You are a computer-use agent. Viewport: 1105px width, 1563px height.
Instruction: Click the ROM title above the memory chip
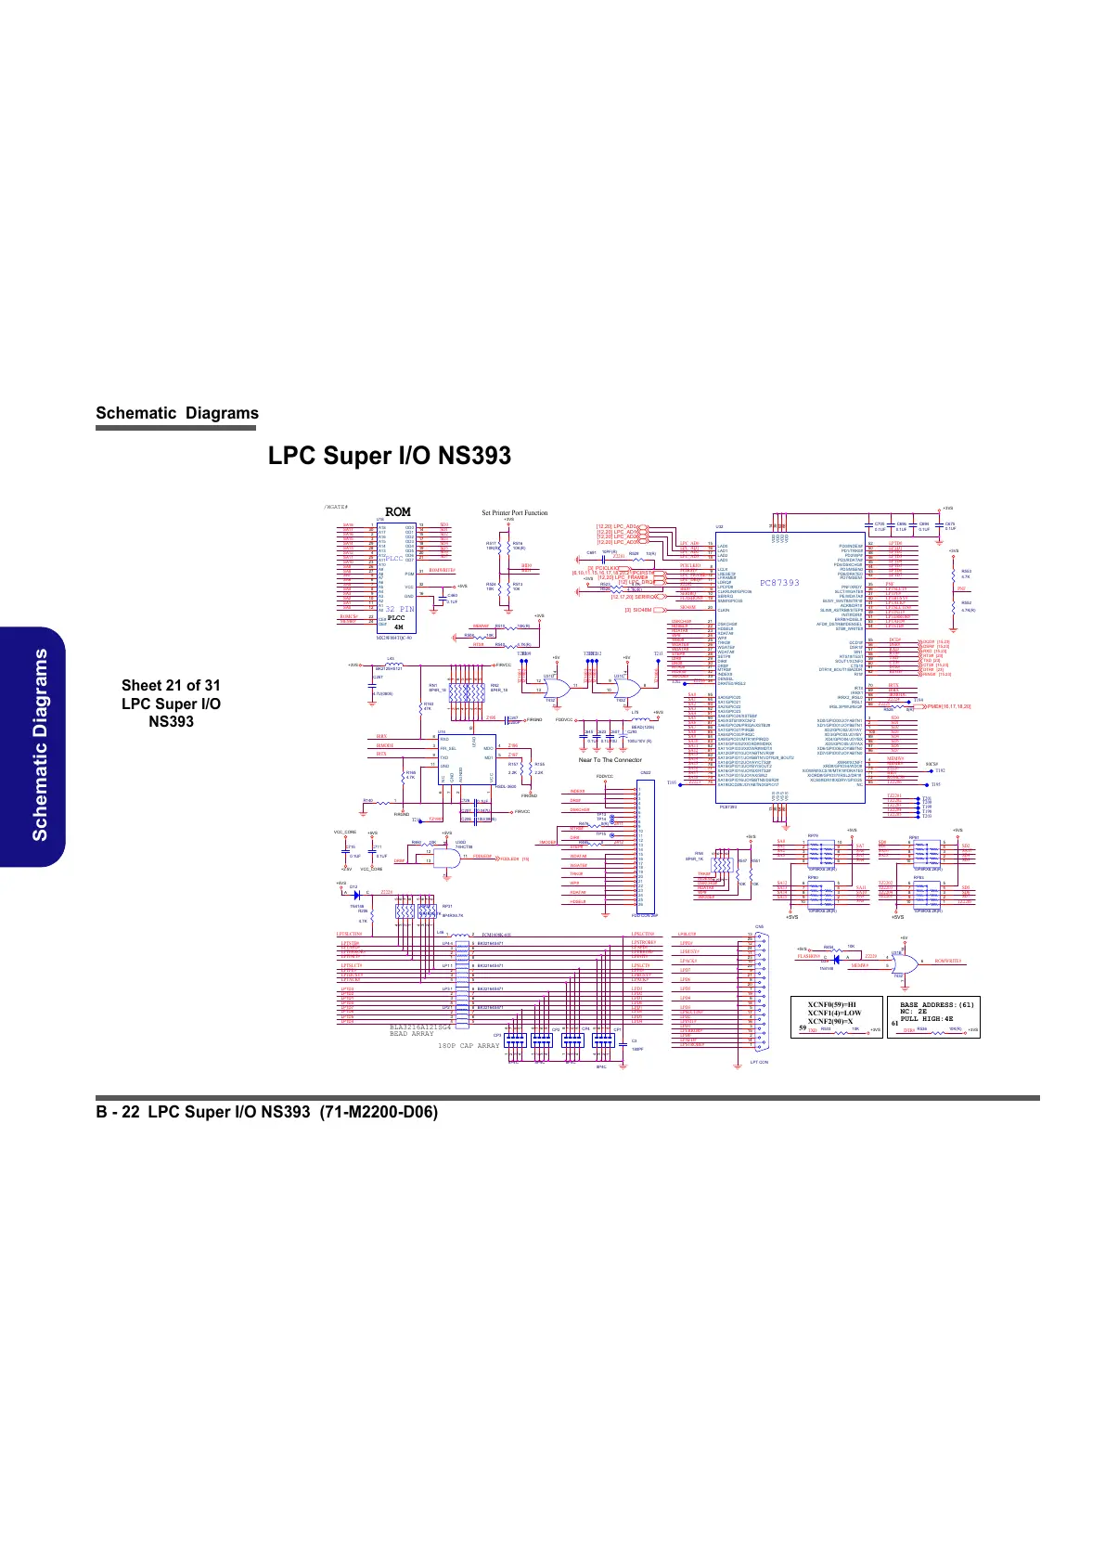[x=397, y=512]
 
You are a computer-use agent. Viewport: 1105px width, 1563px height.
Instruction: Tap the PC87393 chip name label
[x=779, y=583]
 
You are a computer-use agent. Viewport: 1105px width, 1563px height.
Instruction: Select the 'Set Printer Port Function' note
[x=514, y=512]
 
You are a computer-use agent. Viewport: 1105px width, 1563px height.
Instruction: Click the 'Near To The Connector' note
[x=610, y=760]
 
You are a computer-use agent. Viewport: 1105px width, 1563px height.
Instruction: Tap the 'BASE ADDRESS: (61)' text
[x=937, y=1005]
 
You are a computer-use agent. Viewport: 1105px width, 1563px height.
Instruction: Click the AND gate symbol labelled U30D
[x=449, y=858]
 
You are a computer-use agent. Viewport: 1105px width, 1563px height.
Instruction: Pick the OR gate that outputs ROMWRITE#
[x=901, y=963]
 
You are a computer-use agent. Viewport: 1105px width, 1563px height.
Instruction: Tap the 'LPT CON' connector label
[x=759, y=1062]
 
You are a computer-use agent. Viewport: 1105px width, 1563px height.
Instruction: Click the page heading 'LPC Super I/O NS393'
[x=390, y=456]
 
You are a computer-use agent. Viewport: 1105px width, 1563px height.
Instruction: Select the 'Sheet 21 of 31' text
[x=171, y=685]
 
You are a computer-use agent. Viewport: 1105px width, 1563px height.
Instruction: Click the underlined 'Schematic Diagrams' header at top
[x=177, y=413]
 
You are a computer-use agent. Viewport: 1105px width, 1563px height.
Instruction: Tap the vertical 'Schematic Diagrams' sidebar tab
[x=40, y=746]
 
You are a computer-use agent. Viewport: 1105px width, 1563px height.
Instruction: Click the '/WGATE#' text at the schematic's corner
[x=335, y=508]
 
